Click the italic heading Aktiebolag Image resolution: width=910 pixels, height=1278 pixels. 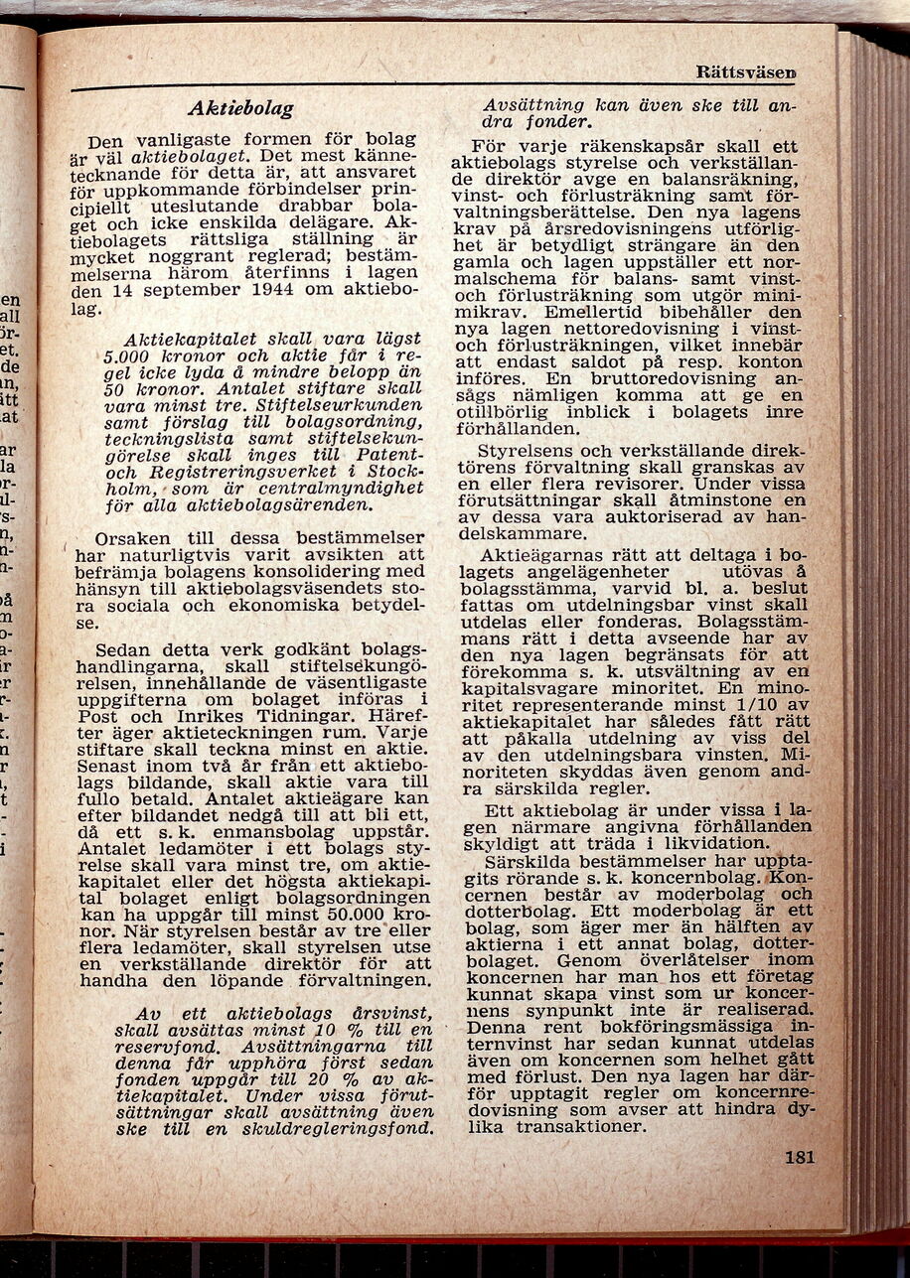tap(240, 108)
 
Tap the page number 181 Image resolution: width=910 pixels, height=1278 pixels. tap(799, 1157)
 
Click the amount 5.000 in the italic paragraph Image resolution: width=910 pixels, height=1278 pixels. tap(126, 355)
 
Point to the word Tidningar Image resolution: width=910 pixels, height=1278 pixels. tap(285, 716)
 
